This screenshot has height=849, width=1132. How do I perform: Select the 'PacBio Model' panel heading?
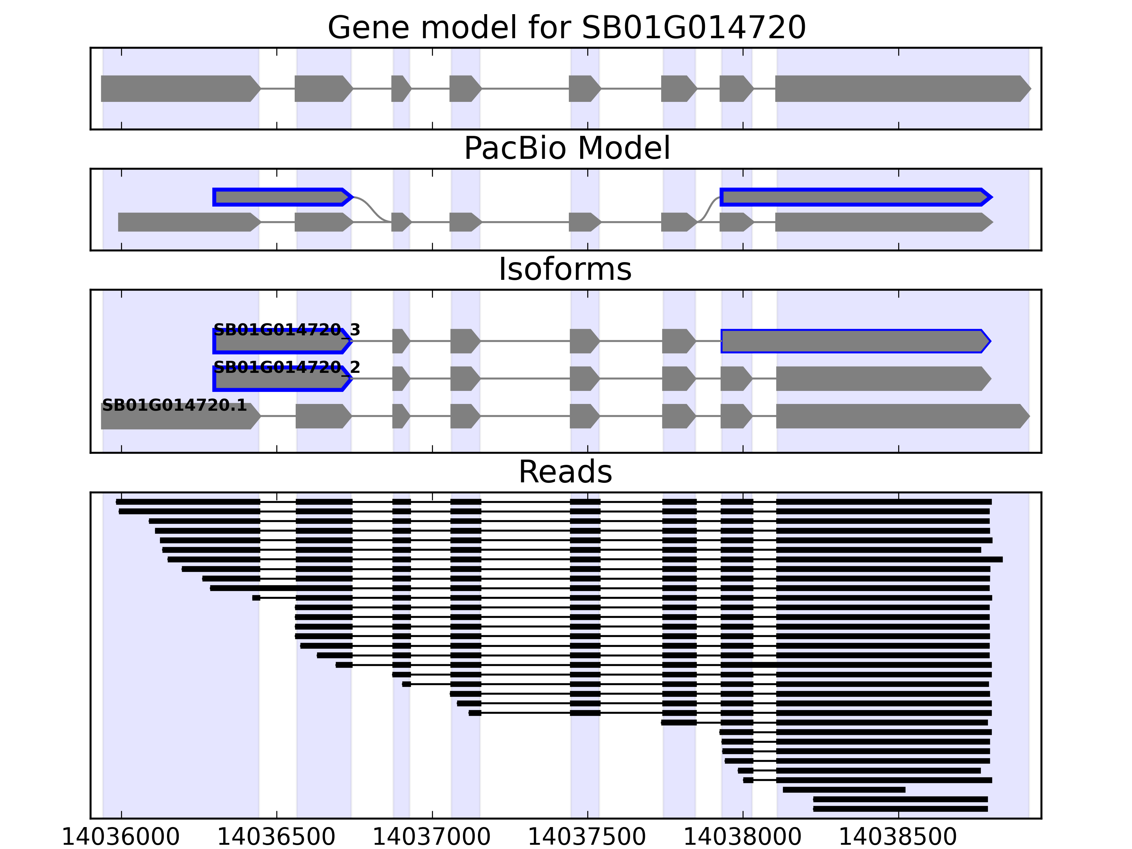[x=566, y=149]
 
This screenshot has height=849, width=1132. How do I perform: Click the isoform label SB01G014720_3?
[x=287, y=330]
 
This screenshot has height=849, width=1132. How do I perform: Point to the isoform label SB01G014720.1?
[x=174, y=405]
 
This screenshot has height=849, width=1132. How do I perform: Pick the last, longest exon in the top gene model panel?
[x=901, y=88]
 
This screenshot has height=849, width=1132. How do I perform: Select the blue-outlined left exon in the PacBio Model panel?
[x=282, y=197]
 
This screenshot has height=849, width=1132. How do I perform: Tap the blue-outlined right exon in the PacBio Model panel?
[x=855, y=197]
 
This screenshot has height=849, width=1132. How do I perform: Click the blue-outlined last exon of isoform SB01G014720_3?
[x=855, y=341]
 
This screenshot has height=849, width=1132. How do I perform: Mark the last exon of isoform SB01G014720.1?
[x=901, y=416]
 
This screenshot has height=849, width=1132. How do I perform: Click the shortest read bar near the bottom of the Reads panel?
[x=844, y=790]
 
